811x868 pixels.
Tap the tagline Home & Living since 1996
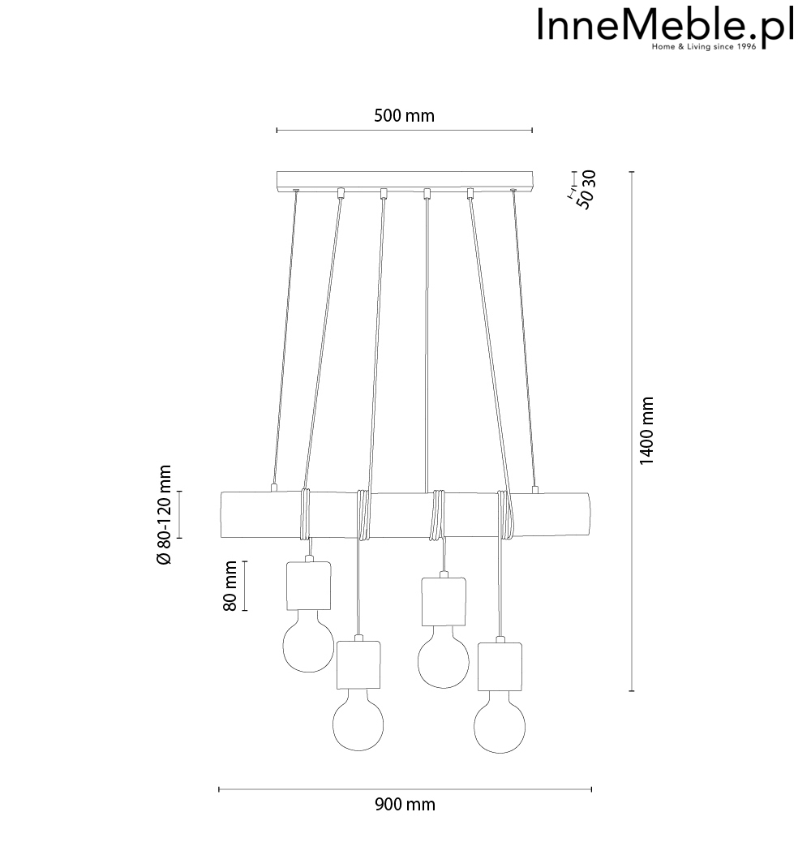[704, 47]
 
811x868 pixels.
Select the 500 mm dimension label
[404, 116]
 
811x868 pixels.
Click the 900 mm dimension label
[405, 805]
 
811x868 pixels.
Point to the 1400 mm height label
[646, 431]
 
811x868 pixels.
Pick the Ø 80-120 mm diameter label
[165, 514]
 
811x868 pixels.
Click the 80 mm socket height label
[230, 586]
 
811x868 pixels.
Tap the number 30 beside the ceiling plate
[589, 178]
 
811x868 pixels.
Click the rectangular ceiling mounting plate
[405, 180]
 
